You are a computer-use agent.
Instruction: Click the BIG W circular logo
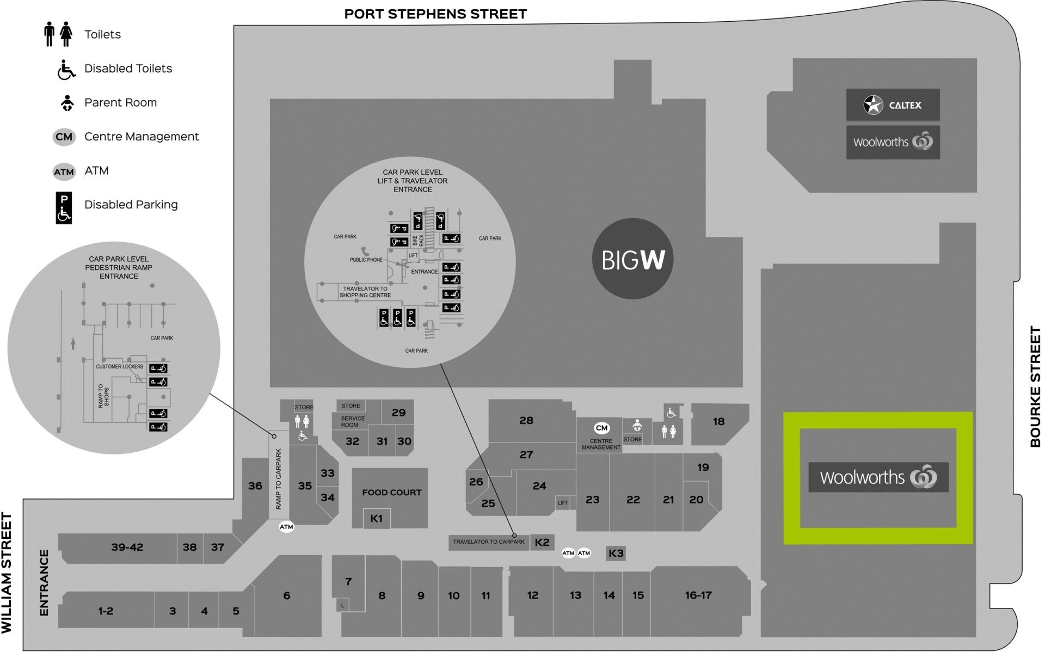click(x=632, y=259)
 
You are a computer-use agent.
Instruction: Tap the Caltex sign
click(x=893, y=104)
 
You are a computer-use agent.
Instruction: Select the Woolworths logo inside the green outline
click(x=878, y=477)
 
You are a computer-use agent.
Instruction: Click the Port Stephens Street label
click(x=435, y=14)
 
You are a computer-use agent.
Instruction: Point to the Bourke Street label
click(x=1035, y=386)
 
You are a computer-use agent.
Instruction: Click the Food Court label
click(x=391, y=493)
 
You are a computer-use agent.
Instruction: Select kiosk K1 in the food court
click(x=377, y=519)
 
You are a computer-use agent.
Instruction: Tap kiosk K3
click(x=616, y=553)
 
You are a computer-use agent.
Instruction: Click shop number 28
click(x=526, y=420)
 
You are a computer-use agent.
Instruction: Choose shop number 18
click(x=718, y=421)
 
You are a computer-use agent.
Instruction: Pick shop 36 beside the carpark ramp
click(x=255, y=485)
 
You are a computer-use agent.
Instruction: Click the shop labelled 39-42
click(x=127, y=548)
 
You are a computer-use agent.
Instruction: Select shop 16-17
click(x=698, y=595)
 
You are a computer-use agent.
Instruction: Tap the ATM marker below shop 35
click(x=286, y=527)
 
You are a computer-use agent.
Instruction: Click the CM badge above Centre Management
click(x=601, y=428)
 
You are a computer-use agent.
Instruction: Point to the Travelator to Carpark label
click(x=488, y=542)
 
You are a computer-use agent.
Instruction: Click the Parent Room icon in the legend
click(x=67, y=103)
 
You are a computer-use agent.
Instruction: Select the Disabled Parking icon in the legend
click(x=64, y=208)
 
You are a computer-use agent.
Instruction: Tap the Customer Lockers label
click(x=119, y=367)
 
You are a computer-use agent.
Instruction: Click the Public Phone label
click(x=366, y=260)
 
